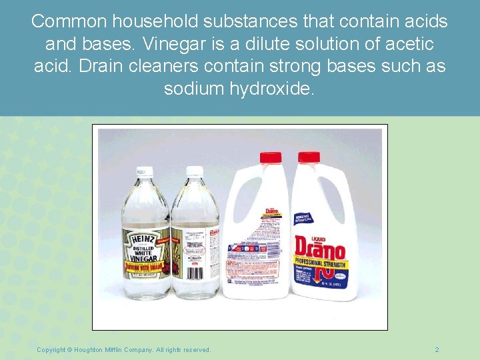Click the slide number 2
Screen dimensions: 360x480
coord(437,349)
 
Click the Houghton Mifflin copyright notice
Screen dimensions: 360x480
coord(124,349)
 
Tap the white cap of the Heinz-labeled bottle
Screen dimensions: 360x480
coord(144,172)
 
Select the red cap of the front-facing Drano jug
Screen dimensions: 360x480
coord(309,157)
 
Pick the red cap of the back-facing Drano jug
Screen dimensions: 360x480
coord(270,157)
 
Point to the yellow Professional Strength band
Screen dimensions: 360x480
coord(321,265)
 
